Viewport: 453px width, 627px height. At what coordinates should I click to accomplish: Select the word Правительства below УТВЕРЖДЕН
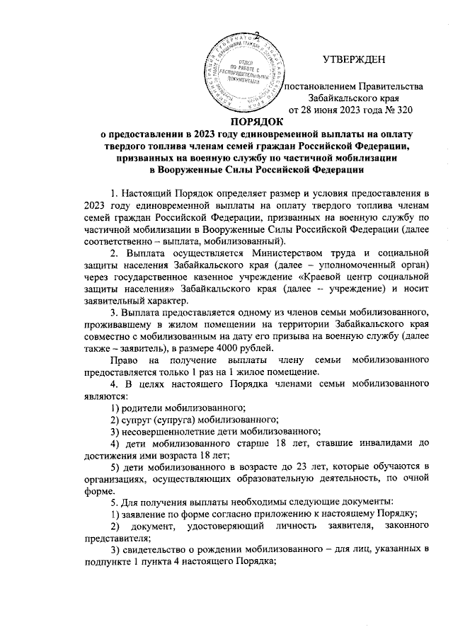[394, 86]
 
